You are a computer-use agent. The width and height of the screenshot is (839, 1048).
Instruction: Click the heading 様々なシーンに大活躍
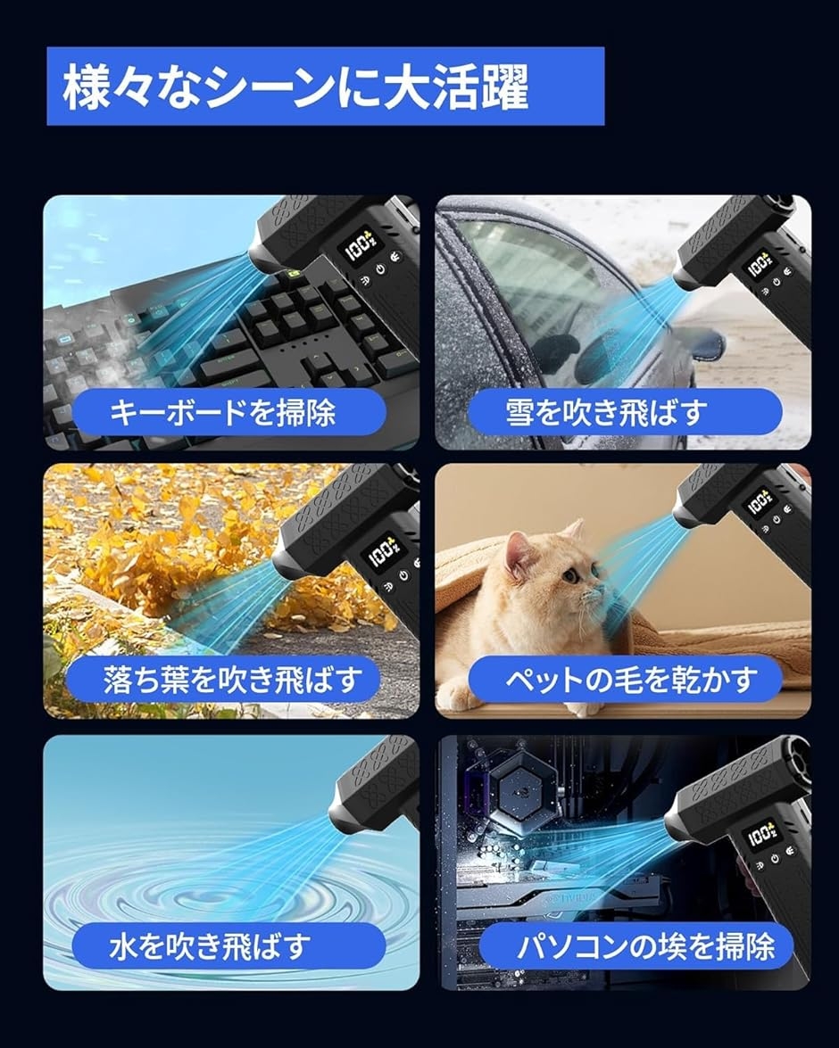pyautogui.click(x=295, y=87)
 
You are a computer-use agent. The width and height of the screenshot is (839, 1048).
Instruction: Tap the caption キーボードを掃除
pyautogui.click(x=222, y=412)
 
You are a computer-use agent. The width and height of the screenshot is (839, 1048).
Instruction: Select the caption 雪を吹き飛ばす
pyautogui.click(x=606, y=412)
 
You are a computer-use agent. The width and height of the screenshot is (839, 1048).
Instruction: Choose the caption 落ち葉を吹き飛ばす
pyautogui.click(x=232, y=679)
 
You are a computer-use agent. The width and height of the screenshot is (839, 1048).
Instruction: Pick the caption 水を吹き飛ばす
pyautogui.click(x=210, y=946)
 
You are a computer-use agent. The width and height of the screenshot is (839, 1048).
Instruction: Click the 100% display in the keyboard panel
pyautogui.click(x=360, y=247)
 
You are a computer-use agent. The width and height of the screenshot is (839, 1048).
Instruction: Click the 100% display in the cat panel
pyautogui.click(x=760, y=502)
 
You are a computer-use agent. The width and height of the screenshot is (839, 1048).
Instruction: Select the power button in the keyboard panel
pyautogui.click(x=381, y=270)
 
